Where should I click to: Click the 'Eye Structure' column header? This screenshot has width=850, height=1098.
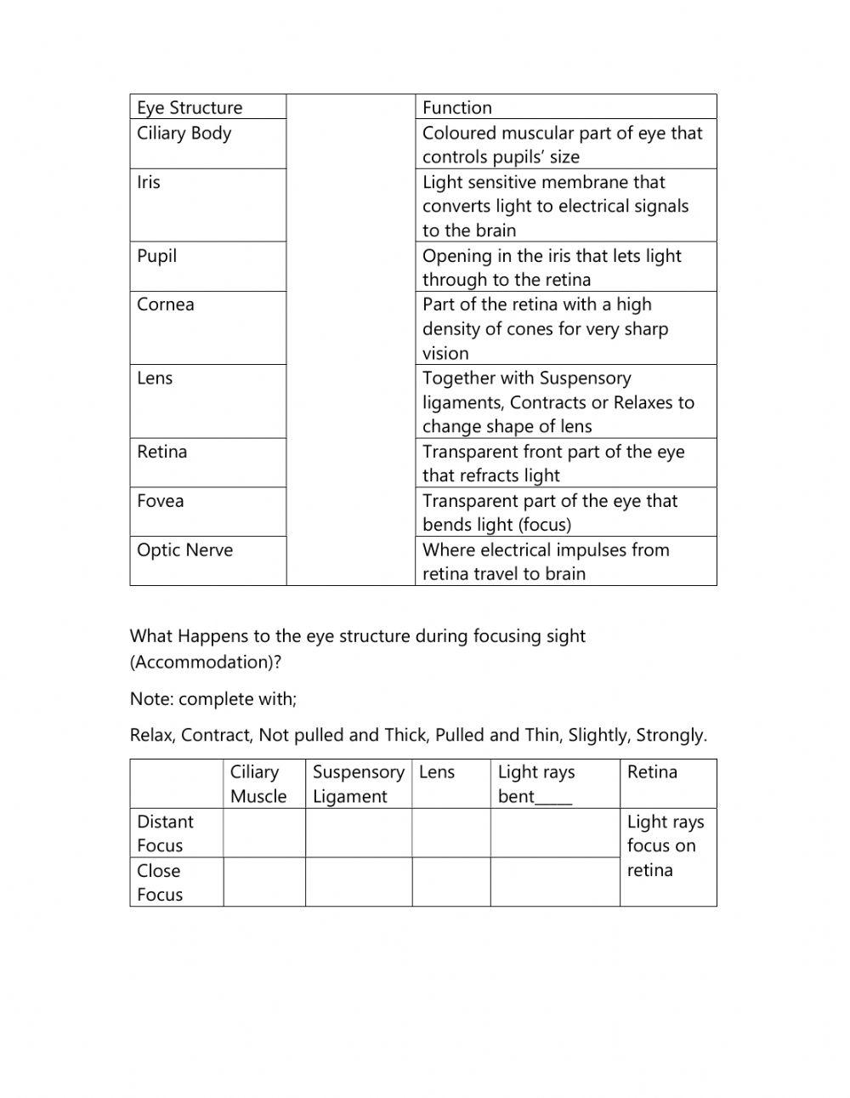[x=190, y=107]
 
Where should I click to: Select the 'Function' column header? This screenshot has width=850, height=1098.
[x=457, y=107]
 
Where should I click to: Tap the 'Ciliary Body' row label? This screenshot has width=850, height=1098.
[x=184, y=133]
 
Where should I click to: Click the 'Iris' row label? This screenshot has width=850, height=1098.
[x=149, y=182]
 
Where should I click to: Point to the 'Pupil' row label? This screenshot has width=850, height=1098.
[x=157, y=255]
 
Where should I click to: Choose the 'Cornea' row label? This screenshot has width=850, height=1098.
[x=166, y=304]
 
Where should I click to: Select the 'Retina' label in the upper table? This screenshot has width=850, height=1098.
[x=162, y=452]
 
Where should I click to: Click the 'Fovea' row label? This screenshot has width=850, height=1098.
[x=161, y=501]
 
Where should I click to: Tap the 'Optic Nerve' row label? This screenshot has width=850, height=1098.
[x=184, y=550]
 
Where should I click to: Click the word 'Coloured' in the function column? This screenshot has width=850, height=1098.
[x=459, y=133]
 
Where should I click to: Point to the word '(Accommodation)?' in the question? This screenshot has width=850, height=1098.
[x=205, y=662]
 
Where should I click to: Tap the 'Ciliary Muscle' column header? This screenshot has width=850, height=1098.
[x=258, y=783]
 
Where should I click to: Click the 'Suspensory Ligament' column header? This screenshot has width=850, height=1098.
[x=358, y=783]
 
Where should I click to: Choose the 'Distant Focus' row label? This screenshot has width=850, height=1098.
[x=165, y=833]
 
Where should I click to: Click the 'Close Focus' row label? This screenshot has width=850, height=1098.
[x=160, y=882]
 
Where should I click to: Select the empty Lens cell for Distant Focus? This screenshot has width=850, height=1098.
[x=450, y=833]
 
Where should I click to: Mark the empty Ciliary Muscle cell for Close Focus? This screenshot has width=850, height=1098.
[x=263, y=882]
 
